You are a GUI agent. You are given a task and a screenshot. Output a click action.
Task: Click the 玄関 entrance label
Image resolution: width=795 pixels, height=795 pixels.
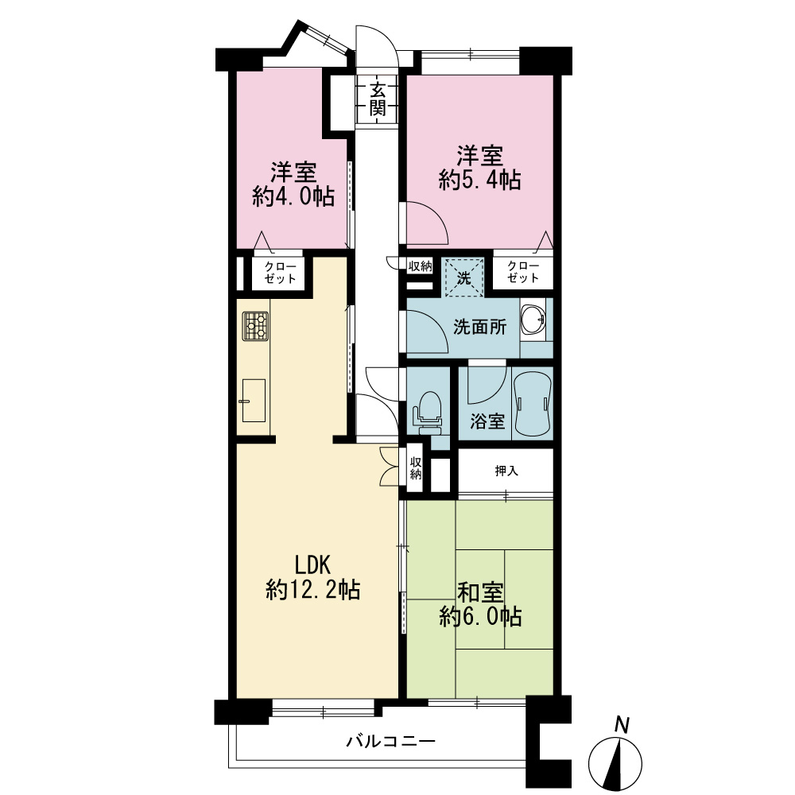tap(377, 99)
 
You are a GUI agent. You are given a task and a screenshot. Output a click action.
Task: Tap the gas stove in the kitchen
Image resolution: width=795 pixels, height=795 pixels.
tap(255, 326)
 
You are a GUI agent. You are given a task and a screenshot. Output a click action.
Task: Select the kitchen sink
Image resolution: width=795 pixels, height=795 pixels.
tap(254, 401)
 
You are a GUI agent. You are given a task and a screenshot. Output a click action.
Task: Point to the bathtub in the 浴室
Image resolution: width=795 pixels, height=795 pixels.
tap(532, 403)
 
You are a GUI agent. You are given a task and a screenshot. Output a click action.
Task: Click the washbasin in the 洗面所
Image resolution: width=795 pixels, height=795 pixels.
tap(533, 319)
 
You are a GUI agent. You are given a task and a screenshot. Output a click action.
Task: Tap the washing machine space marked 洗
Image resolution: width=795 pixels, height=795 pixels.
tap(463, 277)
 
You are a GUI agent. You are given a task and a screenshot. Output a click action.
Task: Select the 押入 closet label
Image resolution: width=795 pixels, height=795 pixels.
tap(506, 471)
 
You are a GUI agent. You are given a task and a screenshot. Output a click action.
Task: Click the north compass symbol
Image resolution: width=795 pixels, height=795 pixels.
tap(615, 754)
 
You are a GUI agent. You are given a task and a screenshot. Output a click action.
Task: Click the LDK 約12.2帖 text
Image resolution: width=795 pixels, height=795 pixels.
tap(312, 577)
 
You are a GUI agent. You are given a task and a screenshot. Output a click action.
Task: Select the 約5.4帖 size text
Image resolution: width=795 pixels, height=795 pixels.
tap(479, 180)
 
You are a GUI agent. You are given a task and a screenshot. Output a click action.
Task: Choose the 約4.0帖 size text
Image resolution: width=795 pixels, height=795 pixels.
tap(293, 196)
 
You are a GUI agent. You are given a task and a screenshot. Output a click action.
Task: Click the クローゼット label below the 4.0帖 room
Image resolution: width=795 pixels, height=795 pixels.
tap(280, 273)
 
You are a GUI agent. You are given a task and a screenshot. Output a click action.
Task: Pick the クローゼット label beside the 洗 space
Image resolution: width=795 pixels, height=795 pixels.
tap(523, 272)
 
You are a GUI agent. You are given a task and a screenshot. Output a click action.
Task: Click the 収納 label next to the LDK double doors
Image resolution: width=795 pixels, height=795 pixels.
tap(416, 468)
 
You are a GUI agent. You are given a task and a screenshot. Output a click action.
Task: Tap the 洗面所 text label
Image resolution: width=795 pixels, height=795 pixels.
tap(479, 327)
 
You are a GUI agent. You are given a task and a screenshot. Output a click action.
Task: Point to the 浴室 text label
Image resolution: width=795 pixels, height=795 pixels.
tap(487, 421)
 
